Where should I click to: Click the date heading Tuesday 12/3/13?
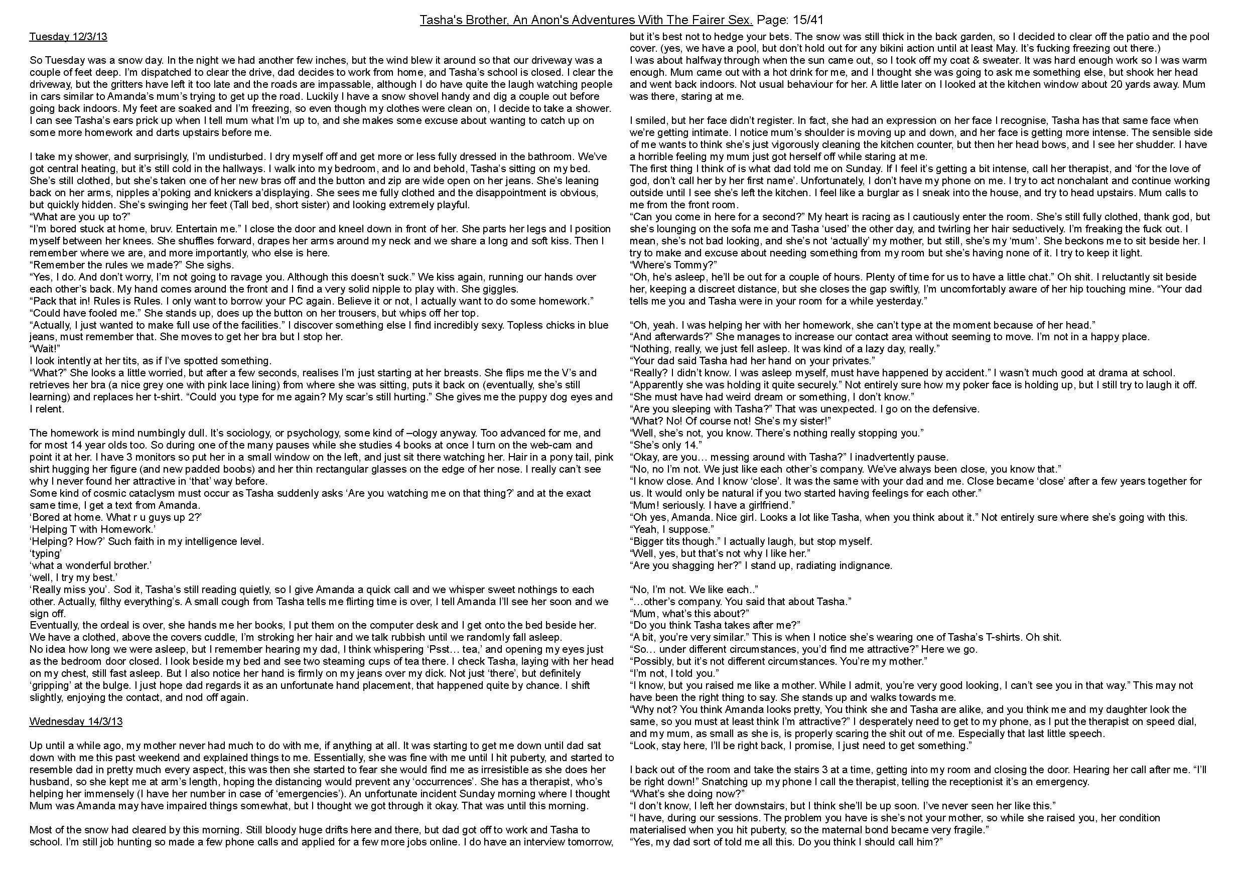click(68, 37)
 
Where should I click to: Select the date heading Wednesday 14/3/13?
click(76, 721)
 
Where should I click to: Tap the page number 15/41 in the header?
click(807, 20)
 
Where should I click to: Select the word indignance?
click(869, 565)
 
